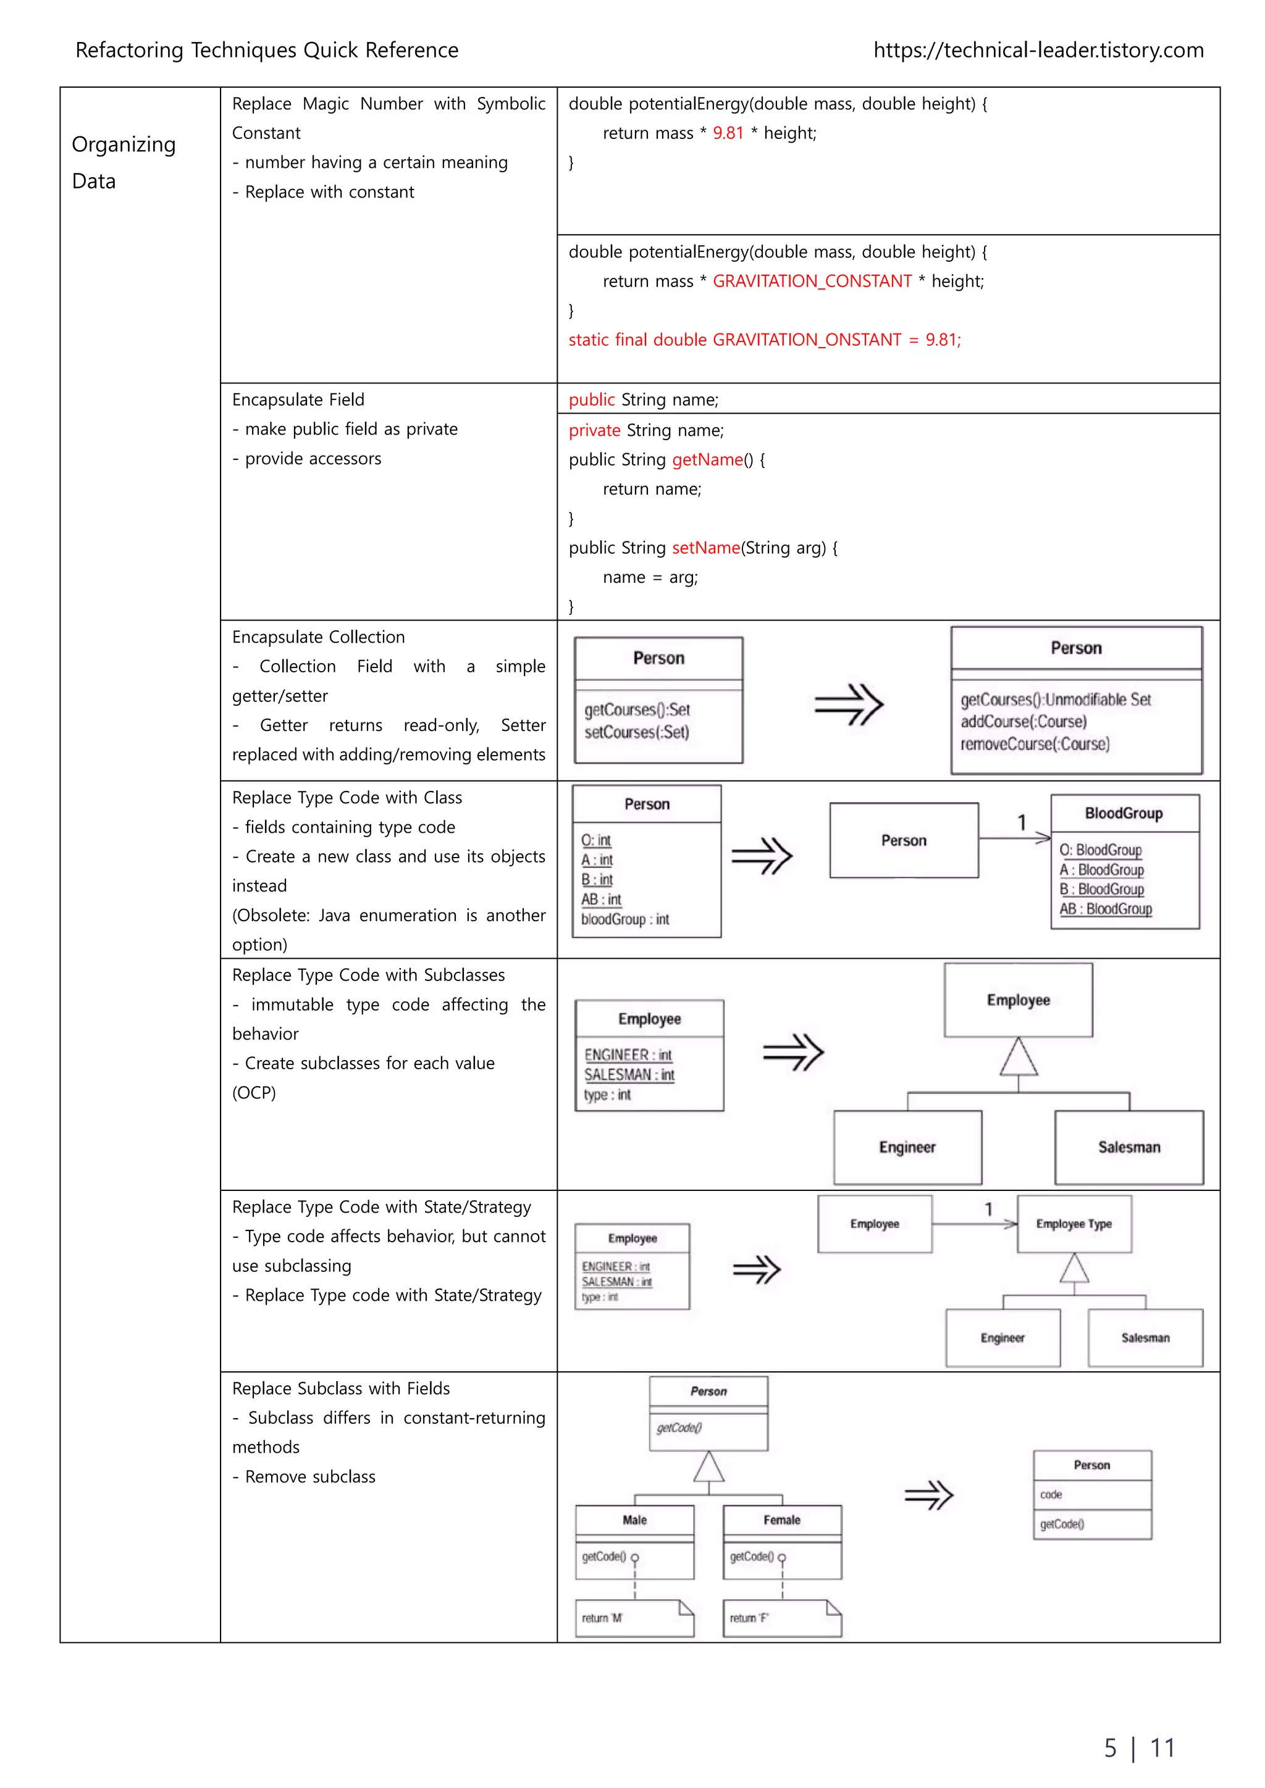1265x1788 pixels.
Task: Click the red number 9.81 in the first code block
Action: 728,133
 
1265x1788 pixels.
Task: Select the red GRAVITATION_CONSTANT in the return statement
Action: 812,281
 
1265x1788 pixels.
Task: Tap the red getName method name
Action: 707,459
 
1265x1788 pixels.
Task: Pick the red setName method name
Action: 706,548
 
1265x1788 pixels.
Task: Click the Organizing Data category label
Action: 123,162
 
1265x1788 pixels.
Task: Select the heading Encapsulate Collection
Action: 318,637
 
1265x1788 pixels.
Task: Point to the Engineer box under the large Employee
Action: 907,1147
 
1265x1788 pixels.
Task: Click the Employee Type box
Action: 1074,1224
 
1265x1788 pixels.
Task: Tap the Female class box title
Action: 781,1519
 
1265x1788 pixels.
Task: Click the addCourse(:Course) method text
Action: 1023,722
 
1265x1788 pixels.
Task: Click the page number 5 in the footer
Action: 1110,1748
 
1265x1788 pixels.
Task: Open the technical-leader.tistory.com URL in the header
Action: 1038,51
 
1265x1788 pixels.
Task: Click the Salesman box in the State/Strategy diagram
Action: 1145,1337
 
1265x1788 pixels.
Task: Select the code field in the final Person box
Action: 1051,1494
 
